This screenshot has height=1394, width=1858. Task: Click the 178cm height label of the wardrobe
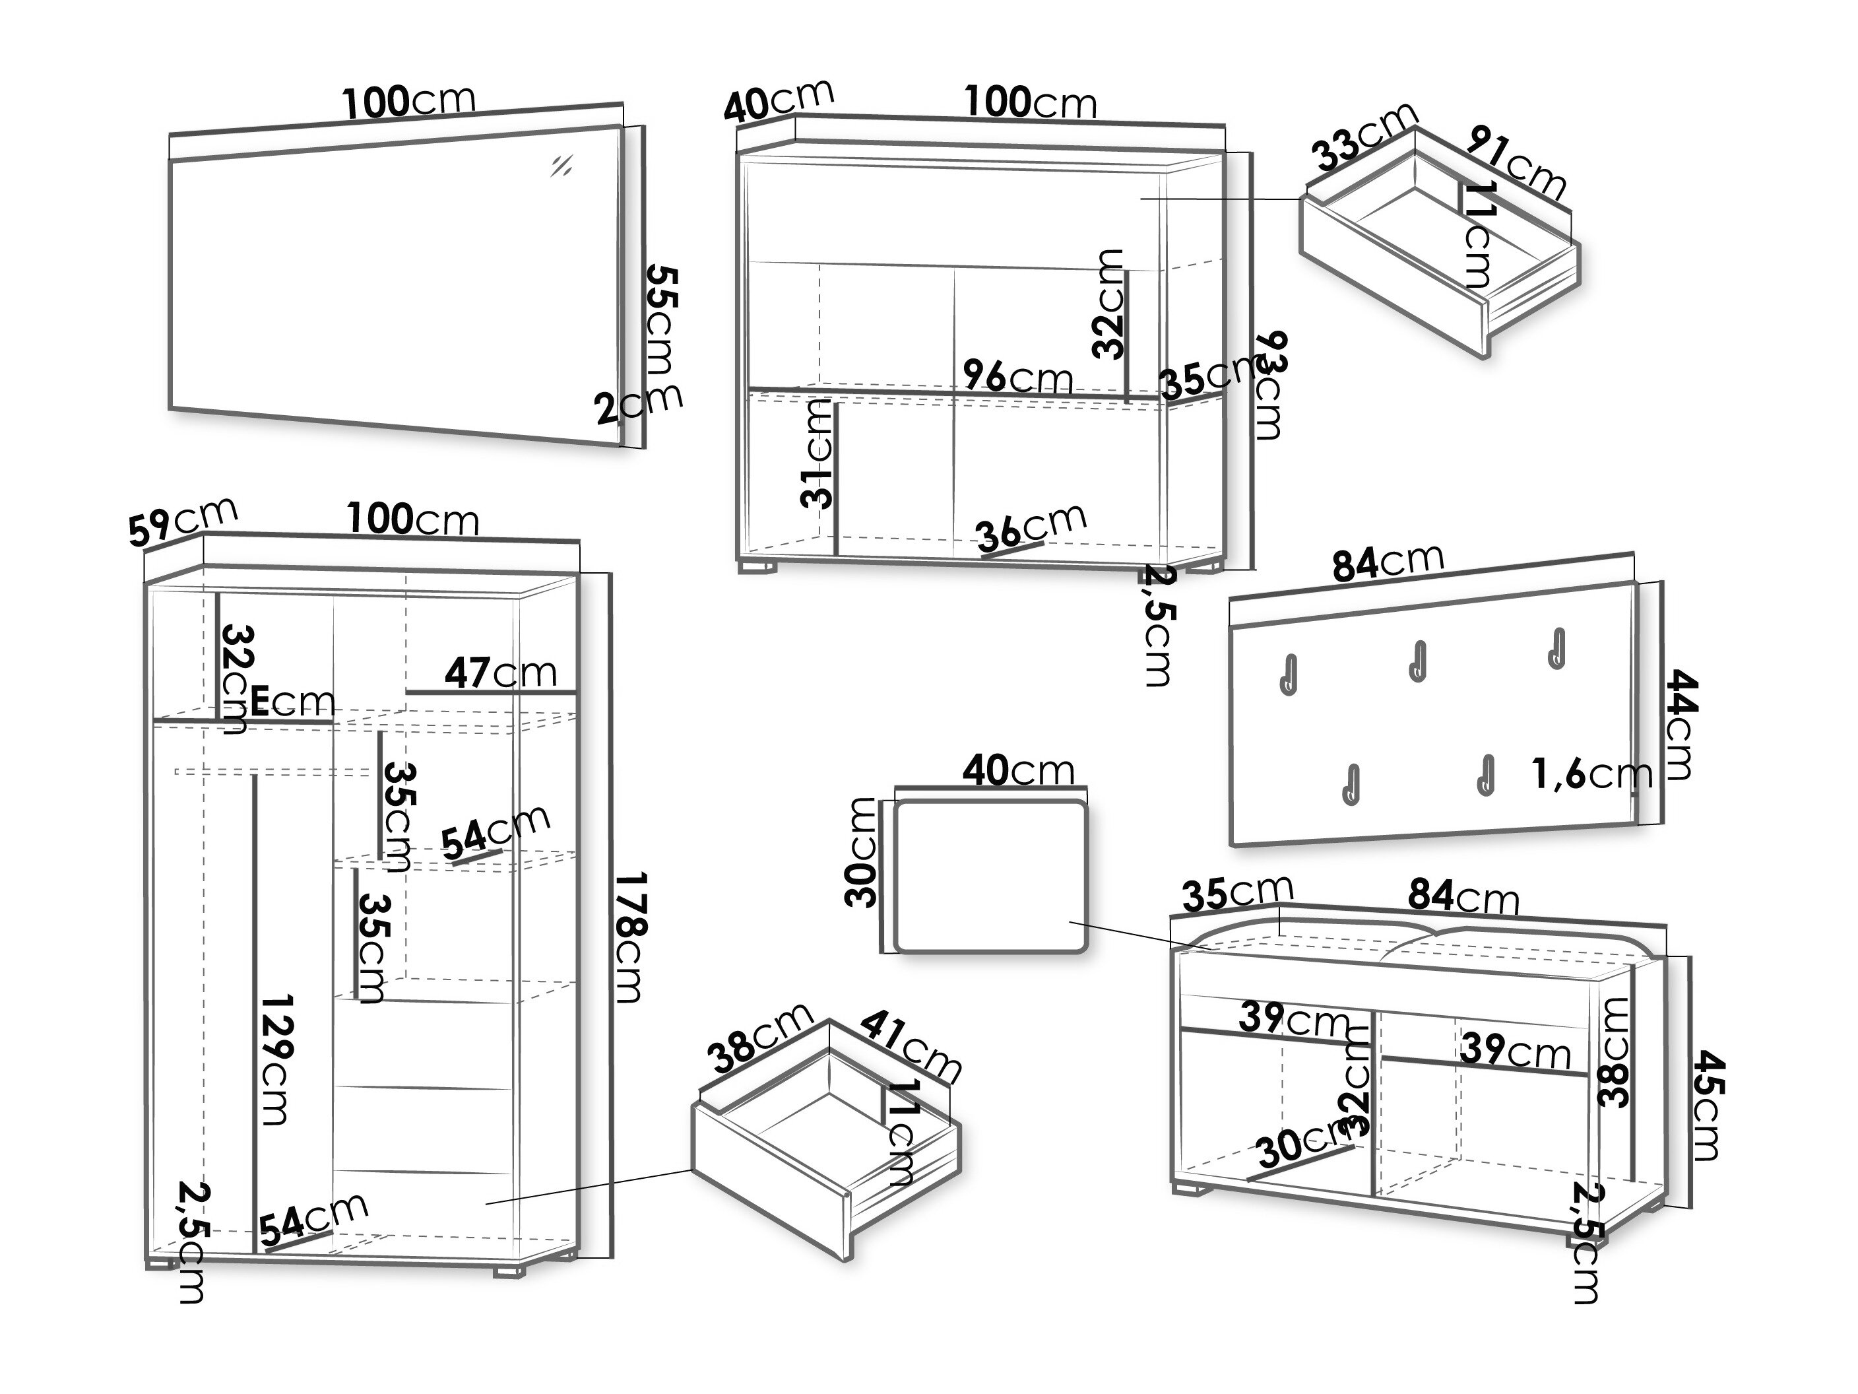click(629, 937)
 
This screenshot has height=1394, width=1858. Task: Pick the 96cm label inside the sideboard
click(1017, 378)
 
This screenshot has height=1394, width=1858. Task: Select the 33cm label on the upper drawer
click(1362, 137)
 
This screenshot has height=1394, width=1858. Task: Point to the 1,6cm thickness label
click(1591, 774)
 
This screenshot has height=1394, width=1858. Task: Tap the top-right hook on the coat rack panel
click(1556, 649)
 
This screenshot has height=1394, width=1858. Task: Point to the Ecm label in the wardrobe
click(292, 701)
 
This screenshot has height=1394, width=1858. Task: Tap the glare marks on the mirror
click(561, 166)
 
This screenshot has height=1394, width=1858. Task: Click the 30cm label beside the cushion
click(861, 852)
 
